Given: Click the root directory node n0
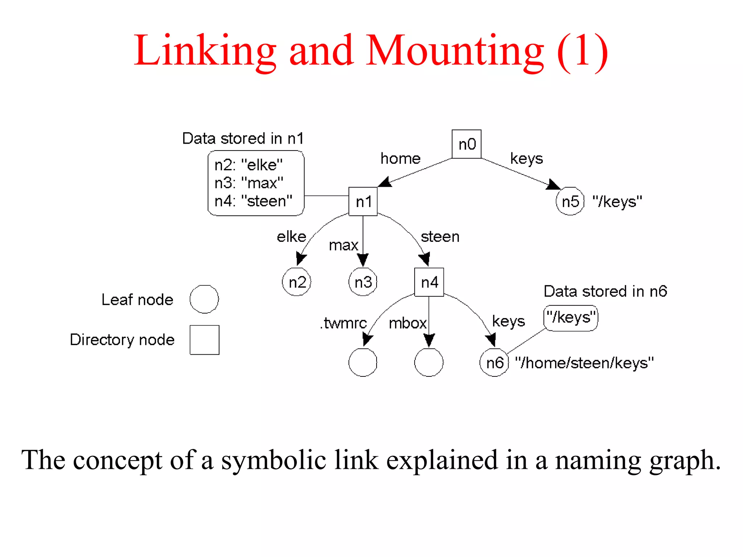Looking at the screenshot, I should [x=466, y=144].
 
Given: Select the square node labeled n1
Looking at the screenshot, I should [x=363, y=202].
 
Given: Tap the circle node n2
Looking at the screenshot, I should [x=296, y=282].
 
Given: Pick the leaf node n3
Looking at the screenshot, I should [x=363, y=282].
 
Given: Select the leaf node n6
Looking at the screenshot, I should [x=494, y=362].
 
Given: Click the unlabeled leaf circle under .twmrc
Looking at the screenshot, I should [x=363, y=362].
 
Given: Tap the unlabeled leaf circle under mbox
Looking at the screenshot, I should [x=429, y=362].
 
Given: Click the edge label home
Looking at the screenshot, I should [x=400, y=158].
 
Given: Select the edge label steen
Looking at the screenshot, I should [x=440, y=237].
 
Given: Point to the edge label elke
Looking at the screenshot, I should [x=291, y=237].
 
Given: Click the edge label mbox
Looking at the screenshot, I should [x=407, y=323].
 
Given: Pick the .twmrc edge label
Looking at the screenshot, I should [x=343, y=323].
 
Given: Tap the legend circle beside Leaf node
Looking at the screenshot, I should [x=204, y=299].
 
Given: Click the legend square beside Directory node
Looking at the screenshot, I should [x=204, y=340].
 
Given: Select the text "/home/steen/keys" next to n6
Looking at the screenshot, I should [x=584, y=363].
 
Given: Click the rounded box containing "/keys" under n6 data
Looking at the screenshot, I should [x=571, y=318].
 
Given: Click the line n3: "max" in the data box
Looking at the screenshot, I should [x=249, y=183].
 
